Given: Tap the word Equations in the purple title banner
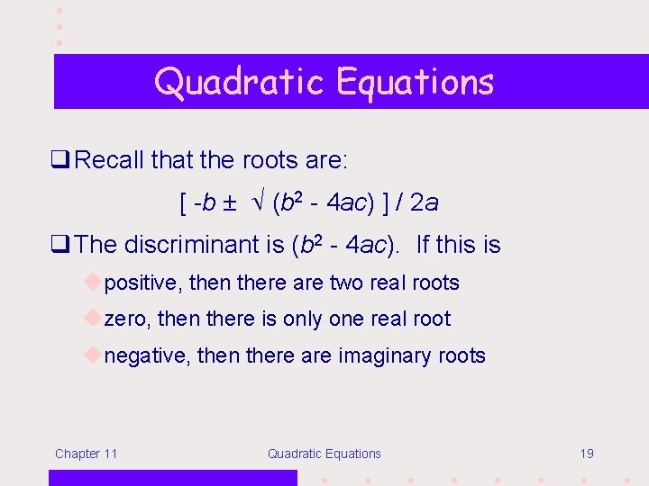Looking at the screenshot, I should click(416, 82).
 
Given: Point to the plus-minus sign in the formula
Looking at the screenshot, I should click(230, 202).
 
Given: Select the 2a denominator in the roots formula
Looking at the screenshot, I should click(424, 202).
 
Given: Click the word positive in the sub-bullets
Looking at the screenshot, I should click(143, 283).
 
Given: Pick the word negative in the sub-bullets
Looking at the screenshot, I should click(147, 355).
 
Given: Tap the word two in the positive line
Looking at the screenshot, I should click(346, 283).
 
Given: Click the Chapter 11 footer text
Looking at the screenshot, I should click(86, 454).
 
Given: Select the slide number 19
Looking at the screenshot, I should click(586, 454).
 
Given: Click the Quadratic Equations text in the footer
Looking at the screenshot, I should click(324, 454).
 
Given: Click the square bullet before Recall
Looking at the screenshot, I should click(63, 161).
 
